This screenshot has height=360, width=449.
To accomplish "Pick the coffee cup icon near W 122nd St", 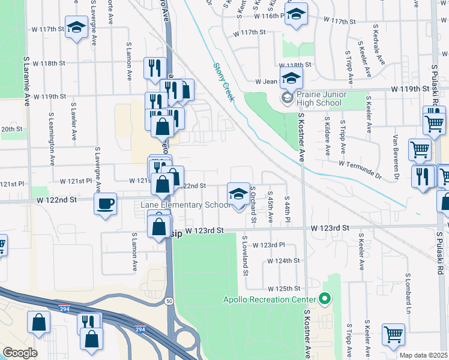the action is [x=106, y=203].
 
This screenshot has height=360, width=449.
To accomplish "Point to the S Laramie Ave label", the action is [x=27, y=82].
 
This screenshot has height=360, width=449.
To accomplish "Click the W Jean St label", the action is [x=268, y=81].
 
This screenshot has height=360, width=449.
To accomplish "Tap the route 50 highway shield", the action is [x=170, y=300].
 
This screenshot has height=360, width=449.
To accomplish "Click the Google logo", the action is [x=20, y=353].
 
